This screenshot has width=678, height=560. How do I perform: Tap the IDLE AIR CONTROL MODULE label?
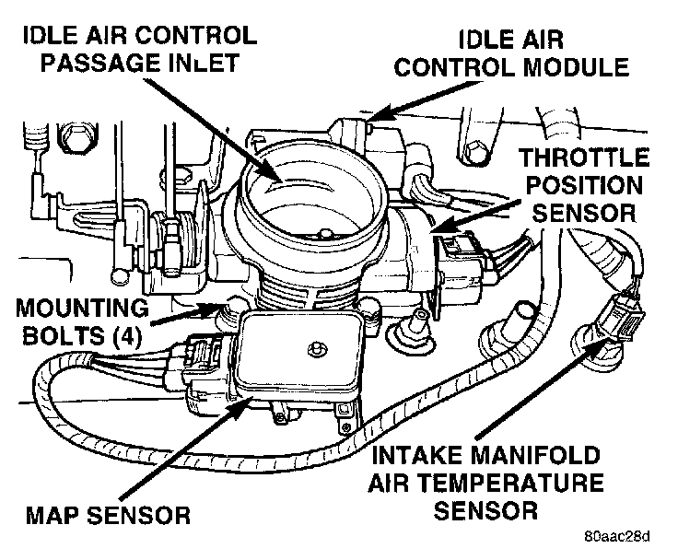pyautogui.click(x=543, y=52)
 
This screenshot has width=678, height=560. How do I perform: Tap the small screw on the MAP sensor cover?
pyautogui.click(x=316, y=348)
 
